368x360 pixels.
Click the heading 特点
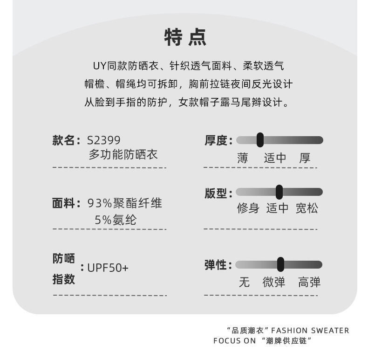click(185, 37)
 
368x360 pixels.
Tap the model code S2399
click(103, 140)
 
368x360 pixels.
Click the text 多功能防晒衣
click(123, 154)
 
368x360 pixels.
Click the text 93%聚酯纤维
click(125, 203)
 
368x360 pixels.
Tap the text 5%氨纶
click(116, 220)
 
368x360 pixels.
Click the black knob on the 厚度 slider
click(260, 140)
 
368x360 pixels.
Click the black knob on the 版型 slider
click(279, 192)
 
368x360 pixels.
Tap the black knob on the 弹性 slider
click(280, 264)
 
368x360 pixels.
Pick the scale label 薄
click(242, 158)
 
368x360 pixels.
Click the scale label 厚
click(305, 158)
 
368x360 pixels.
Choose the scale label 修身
click(248, 208)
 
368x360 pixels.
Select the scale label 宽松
click(307, 208)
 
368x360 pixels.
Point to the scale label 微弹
click(274, 282)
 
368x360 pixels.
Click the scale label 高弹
click(309, 282)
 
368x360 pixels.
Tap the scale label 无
click(244, 282)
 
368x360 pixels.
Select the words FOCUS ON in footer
click(235, 341)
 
